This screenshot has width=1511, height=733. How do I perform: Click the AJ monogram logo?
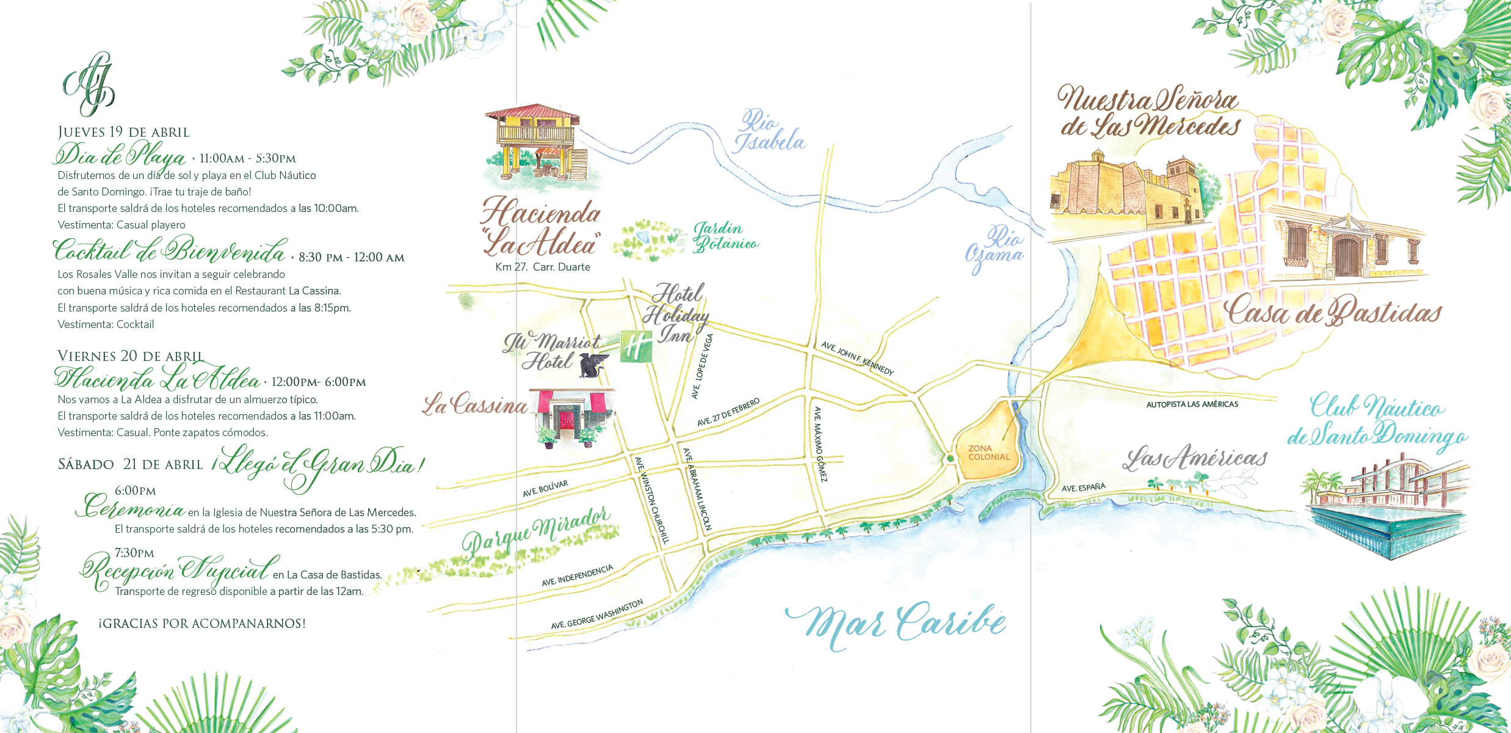[x=89, y=84]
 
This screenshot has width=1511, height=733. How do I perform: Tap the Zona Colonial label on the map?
[x=988, y=453]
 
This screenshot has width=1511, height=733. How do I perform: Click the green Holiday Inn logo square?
[x=636, y=346]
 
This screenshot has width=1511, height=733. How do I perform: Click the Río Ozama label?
[x=995, y=247]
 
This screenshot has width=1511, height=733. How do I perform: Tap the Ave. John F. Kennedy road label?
[x=857, y=359]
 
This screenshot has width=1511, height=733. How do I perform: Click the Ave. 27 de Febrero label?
[x=728, y=412]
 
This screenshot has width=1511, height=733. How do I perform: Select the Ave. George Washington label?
[x=596, y=614]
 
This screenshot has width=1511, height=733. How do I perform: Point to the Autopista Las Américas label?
[x=1192, y=404]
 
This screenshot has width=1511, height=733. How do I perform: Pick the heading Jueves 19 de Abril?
[x=123, y=133]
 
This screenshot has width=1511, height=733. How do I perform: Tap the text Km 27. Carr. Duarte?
[x=543, y=267]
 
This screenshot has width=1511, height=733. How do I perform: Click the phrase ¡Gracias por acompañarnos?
[x=202, y=624]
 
